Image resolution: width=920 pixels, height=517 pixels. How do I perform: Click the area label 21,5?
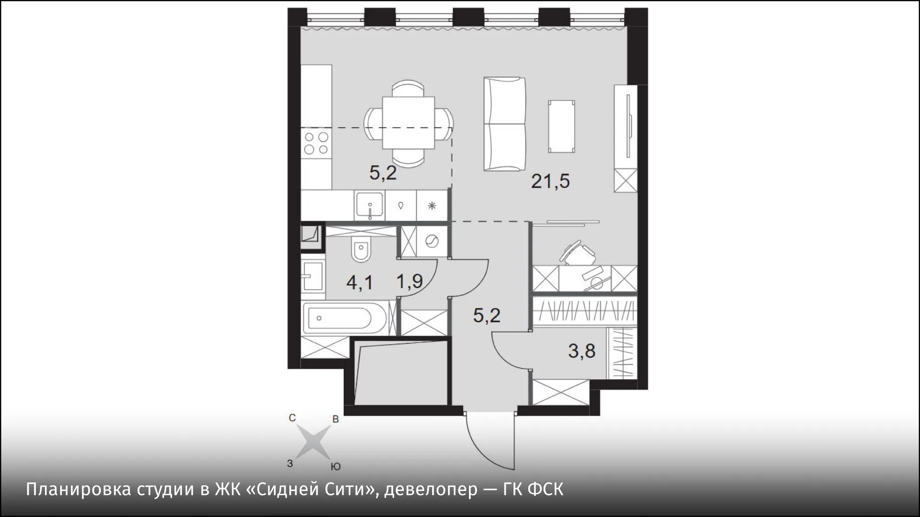pos(550,181)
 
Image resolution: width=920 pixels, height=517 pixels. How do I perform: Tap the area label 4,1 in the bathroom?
pos(359,283)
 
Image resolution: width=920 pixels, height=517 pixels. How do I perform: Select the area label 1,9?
pos(409,281)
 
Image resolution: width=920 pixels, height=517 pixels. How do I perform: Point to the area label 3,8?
pos(582,351)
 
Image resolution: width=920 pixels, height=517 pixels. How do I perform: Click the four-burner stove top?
pos(316,143)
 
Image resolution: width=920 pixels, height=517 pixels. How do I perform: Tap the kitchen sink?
pos(369,206)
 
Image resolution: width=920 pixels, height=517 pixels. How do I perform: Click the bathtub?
pos(344,318)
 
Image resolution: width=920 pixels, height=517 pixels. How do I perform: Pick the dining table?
pos(408,123)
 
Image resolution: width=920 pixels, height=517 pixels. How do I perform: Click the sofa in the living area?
pos(504,124)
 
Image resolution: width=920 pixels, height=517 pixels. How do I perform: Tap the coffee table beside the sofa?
pos(562,126)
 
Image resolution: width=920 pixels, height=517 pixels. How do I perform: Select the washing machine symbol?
pos(431,241)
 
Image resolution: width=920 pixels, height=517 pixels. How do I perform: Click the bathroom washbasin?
pos(313,276)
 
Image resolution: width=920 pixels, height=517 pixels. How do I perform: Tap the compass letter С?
pos(292,418)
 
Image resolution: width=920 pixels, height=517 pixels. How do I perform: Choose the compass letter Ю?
pos(335,467)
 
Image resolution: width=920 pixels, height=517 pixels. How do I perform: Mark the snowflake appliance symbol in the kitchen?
pos(432,206)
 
